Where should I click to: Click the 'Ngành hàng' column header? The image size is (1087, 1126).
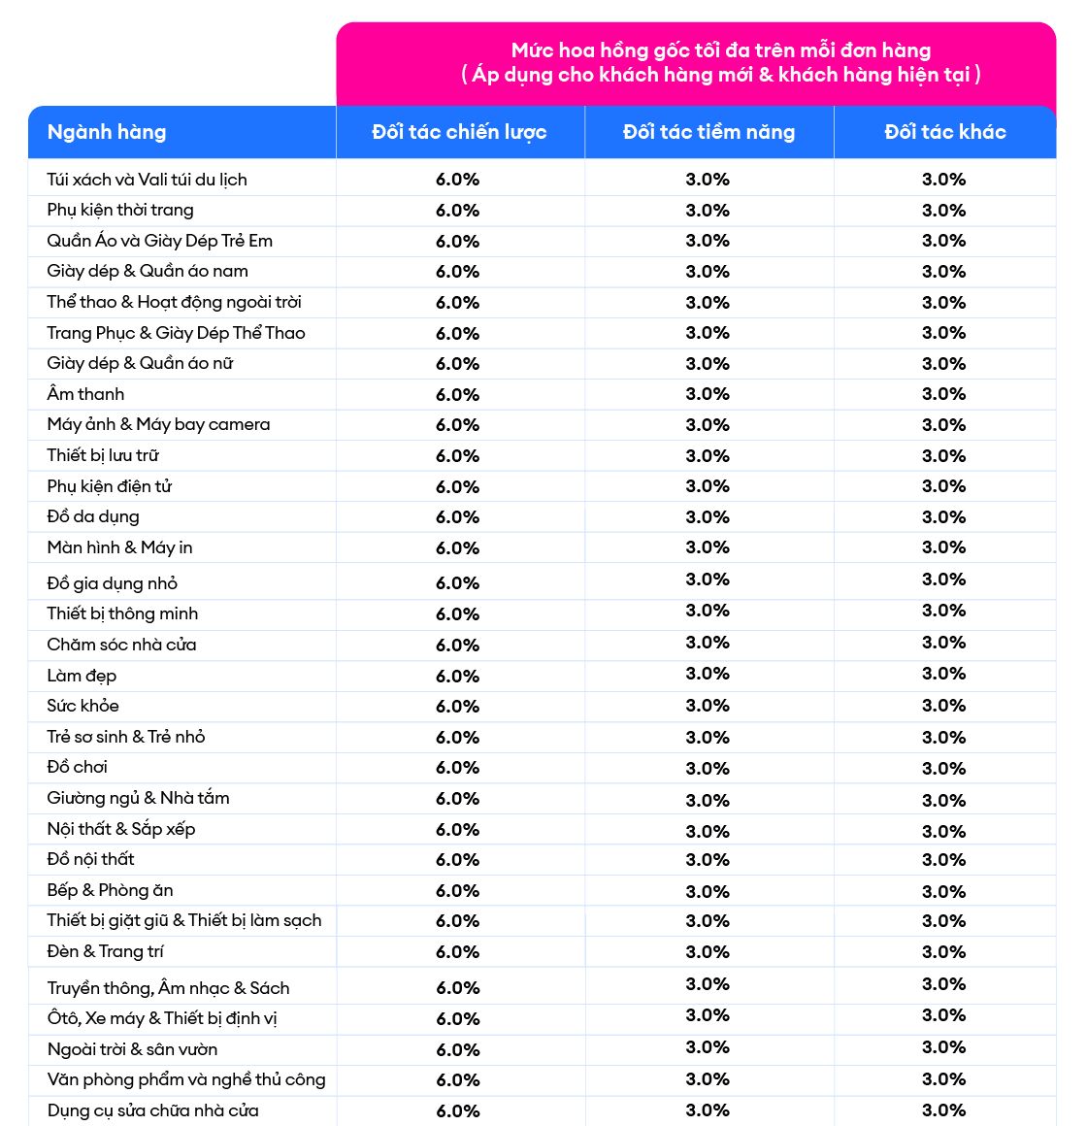coord(107,132)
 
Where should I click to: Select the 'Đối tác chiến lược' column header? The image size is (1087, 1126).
coord(459,132)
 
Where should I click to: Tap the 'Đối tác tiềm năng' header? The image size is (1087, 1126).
coord(708,132)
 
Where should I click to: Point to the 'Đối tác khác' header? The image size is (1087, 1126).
coord(944,132)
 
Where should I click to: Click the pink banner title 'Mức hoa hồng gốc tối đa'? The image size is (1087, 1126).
coord(720,50)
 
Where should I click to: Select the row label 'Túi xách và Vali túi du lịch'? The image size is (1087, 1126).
coord(147,180)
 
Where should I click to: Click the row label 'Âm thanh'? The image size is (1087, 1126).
coord(85,394)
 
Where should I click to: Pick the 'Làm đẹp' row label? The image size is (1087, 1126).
coord(82,676)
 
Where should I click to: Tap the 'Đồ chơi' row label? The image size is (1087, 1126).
coord(77,767)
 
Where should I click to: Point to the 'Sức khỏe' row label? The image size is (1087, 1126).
coord(82,706)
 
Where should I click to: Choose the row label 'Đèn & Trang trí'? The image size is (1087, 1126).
coord(105,951)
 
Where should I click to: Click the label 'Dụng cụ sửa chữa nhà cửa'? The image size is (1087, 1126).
coord(152,1110)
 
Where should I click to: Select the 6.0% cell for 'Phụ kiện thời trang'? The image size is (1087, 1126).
coord(457,211)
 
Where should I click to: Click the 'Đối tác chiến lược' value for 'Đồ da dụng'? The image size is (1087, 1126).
coord(457,517)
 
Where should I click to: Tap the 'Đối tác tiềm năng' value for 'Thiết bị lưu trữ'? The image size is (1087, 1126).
coord(708,455)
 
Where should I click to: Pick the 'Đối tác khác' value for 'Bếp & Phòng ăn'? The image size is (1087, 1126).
coord(943,891)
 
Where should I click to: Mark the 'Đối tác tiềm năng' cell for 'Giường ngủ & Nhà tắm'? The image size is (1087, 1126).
coord(708,800)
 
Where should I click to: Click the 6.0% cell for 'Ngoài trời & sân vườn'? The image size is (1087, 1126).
coord(457,1050)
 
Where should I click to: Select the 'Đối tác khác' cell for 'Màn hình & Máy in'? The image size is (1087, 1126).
coord(943,547)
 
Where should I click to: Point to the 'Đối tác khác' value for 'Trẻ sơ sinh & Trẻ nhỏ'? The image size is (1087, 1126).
coord(943,737)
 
